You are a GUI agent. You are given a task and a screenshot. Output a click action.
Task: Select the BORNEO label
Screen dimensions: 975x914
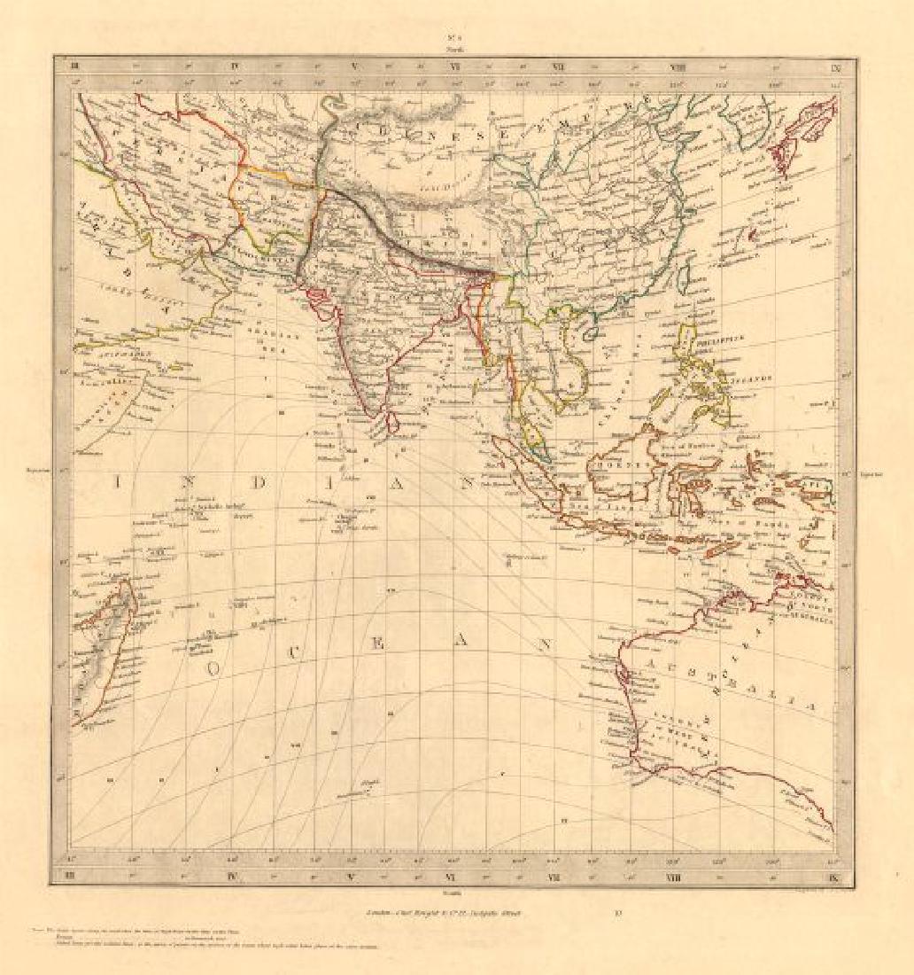(x=620, y=463)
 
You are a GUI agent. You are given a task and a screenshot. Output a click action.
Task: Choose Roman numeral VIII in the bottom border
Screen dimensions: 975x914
(x=678, y=877)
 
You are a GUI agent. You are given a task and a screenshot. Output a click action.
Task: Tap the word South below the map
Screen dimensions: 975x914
(x=456, y=894)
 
